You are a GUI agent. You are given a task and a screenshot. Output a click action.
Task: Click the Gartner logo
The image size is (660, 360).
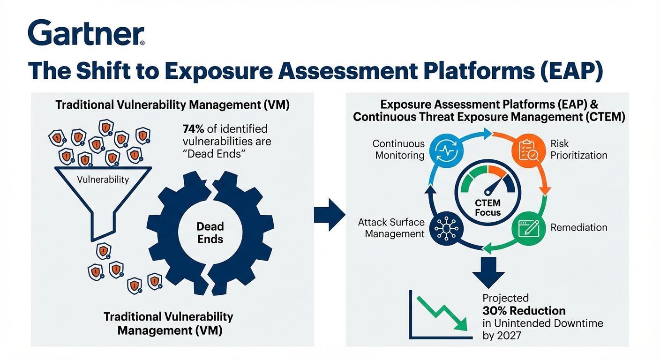86,33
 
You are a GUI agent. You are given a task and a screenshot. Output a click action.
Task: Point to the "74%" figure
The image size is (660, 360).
193,128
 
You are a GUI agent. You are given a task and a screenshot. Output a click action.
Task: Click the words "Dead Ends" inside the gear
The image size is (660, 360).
210,232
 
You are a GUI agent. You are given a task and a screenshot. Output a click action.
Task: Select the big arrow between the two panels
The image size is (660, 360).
329,215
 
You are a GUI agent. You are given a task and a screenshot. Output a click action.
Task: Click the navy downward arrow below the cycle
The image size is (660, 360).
487,271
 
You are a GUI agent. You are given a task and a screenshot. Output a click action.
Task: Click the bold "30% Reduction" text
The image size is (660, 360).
524,311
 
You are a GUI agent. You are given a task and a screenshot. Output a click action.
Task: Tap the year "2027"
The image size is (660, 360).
509,335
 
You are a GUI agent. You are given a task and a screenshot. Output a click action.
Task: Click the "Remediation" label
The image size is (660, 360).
578,228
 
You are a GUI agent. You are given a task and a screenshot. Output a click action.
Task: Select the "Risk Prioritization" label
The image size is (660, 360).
578,149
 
